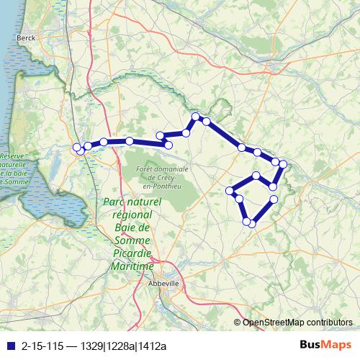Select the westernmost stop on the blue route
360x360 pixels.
[77, 148]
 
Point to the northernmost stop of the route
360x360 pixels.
[195, 117]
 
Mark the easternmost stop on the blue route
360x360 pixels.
[283, 165]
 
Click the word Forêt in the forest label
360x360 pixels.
[146, 169]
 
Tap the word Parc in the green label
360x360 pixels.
[116, 202]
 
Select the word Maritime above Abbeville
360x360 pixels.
[134, 266]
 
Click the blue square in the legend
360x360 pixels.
[9, 343]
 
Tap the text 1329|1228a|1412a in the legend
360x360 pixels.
[133, 343]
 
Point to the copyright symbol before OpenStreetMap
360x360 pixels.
[238, 323]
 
